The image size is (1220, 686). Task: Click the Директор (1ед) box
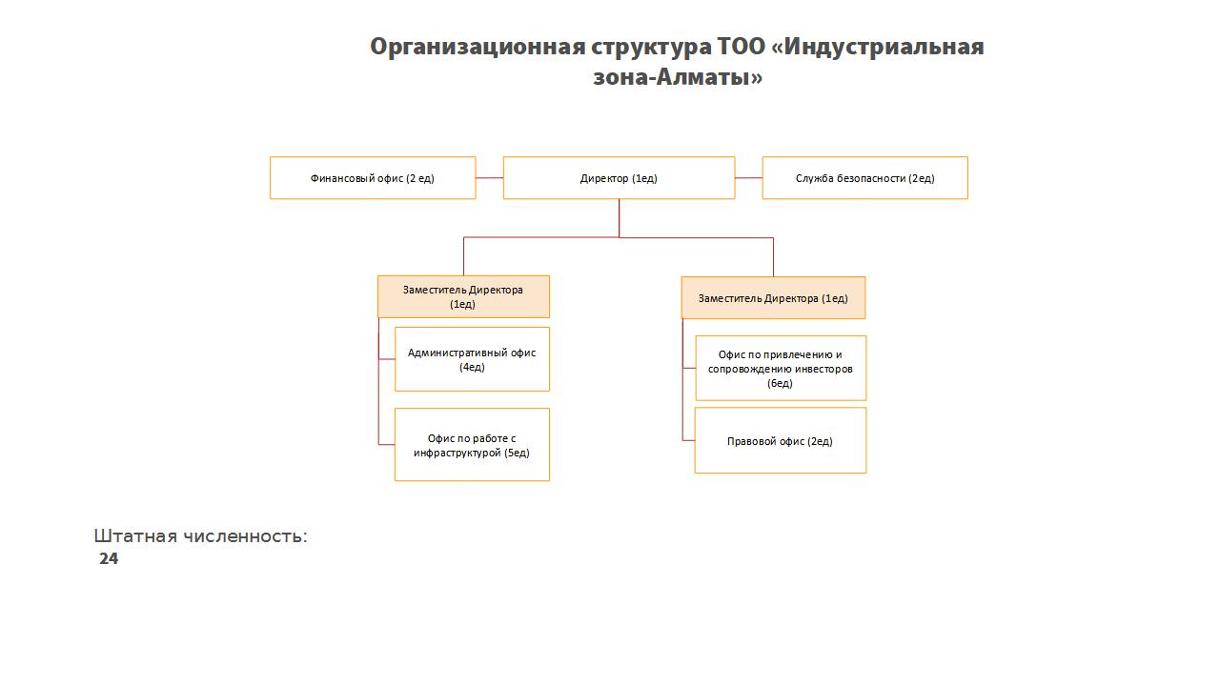pos(619,178)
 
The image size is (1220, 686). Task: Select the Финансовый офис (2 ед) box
pos(373,178)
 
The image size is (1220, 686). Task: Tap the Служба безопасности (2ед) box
pos(864,178)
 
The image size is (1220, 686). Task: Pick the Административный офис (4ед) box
pos(472,359)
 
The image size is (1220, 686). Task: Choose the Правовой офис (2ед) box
pos(781,440)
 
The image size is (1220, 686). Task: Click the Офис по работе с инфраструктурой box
pos(472,445)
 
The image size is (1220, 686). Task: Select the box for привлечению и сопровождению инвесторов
pos(781,368)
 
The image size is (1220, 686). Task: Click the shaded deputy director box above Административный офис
pos(463,296)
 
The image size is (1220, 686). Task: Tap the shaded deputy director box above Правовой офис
pos(773,298)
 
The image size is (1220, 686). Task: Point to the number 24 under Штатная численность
pos(109,558)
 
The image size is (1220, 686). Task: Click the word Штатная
pos(135,536)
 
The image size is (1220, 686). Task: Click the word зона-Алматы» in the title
pos(678,77)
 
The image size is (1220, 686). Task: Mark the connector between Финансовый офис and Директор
pos(490,178)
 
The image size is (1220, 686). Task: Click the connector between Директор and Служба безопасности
pos(749,178)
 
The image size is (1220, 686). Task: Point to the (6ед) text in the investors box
pos(780,383)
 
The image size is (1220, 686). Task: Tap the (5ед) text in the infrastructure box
pos(517,453)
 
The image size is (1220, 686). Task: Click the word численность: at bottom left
pos(245,536)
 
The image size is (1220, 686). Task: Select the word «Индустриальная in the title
pos(878,47)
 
